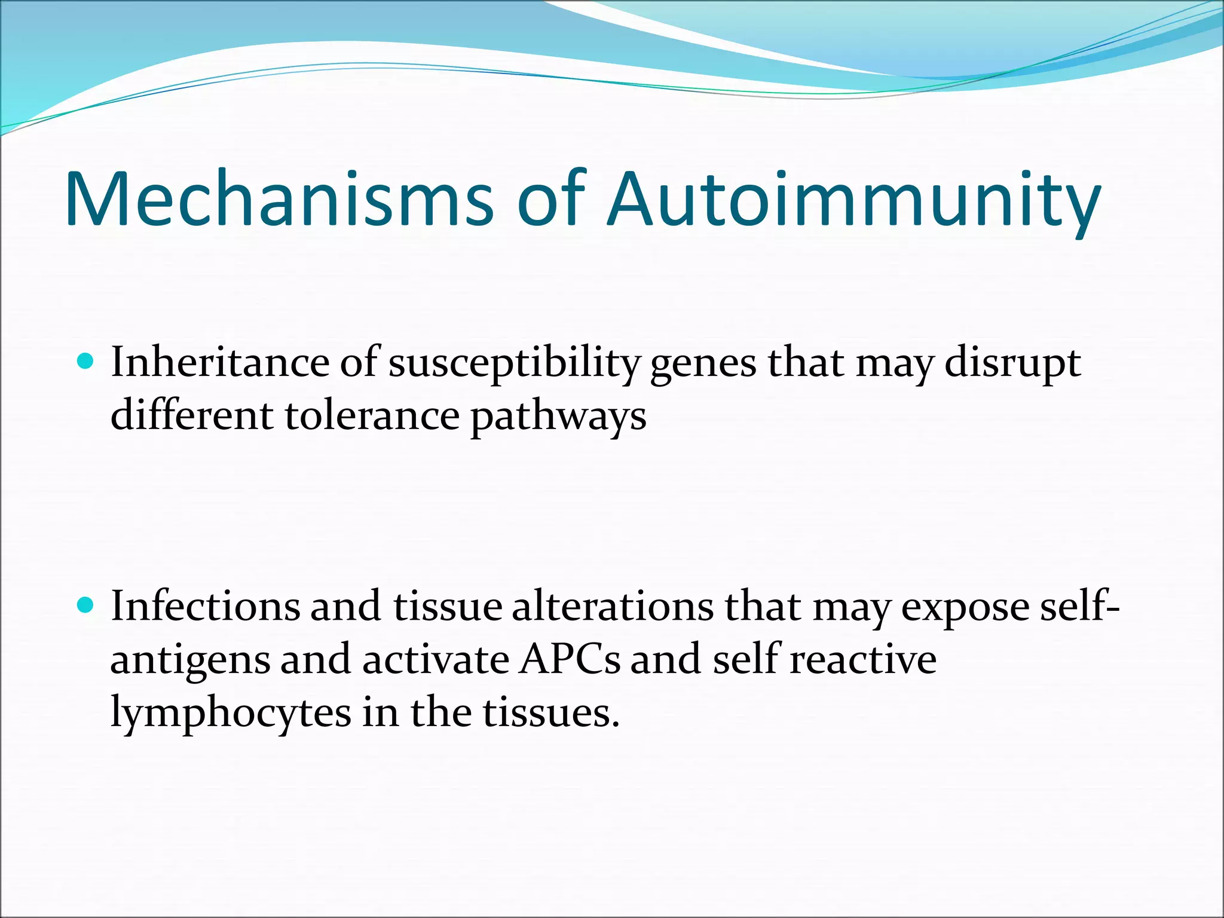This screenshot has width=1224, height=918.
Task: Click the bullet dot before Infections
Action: (x=87, y=605)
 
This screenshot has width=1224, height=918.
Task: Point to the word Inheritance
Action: (x=220, y=362)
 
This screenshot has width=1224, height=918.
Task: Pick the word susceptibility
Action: (x=513, y=363)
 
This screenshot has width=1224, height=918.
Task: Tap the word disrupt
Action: (x=1012, y=363)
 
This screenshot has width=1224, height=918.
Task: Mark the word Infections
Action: (x=205, y=606)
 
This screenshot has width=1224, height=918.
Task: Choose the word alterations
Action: (x=613, y=606)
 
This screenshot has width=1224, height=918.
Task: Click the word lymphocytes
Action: (x=231, y=713)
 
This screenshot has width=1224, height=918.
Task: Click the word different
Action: (x=192, y=415)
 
